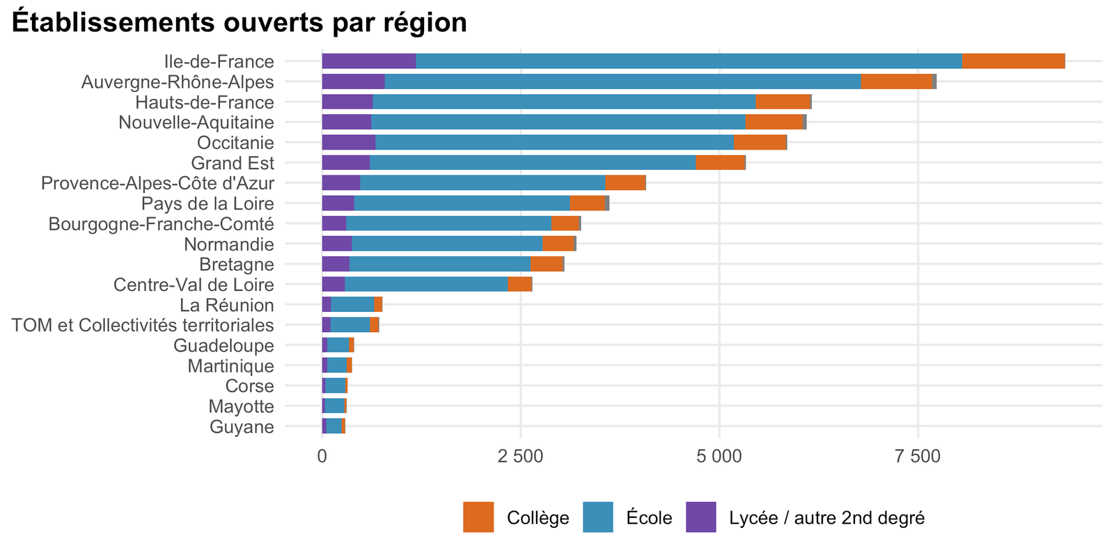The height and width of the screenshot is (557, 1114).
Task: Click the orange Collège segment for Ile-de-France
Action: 1014,61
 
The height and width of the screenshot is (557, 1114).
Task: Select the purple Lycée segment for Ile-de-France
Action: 369,61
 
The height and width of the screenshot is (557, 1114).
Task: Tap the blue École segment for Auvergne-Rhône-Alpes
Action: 623,81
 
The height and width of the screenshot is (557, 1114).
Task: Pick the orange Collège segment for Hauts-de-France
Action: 783,102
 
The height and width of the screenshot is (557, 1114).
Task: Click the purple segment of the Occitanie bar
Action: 349,142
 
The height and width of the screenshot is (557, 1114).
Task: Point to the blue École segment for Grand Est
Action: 533,163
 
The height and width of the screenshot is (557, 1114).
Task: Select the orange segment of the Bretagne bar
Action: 547,264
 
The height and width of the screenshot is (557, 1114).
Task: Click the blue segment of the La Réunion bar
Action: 352,305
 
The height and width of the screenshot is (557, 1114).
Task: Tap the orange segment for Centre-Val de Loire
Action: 520,285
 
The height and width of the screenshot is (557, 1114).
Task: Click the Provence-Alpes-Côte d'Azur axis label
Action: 157,184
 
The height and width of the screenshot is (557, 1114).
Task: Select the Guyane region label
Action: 242,427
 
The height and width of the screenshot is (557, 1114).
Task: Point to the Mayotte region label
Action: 241,407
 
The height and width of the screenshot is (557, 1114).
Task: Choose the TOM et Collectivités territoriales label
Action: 143,325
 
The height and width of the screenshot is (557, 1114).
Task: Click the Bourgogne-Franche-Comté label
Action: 161,224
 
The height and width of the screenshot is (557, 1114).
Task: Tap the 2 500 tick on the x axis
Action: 521,457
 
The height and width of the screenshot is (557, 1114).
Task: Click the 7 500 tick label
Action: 918,457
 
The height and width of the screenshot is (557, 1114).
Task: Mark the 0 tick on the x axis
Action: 322,457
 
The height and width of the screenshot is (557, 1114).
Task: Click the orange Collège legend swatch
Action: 478,517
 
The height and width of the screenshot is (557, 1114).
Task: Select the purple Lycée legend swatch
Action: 701,517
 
